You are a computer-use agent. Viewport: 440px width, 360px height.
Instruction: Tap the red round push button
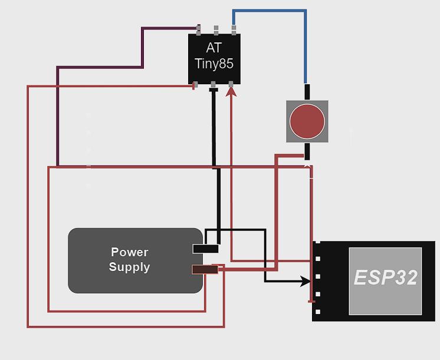pos(307,121)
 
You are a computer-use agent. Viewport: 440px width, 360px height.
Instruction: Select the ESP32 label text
pos(385,278)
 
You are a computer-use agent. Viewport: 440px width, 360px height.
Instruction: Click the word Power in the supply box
pos(129,252)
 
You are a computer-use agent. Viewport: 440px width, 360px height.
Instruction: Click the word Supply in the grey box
pos(129,267)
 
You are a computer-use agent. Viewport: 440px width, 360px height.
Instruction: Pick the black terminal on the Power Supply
pos(205,249)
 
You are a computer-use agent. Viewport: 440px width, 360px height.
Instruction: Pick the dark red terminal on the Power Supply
pos(205,269)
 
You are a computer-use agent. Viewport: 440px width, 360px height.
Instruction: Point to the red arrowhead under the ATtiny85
pos(231,91)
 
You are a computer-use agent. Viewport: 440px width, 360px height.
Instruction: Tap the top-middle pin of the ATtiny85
pos(216,29)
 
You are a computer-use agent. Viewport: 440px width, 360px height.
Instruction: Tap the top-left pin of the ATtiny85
pos(199,29)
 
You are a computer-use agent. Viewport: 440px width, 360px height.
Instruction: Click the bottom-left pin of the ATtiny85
pos(195,85)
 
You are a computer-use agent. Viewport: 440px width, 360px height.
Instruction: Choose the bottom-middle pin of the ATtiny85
pos(213,86)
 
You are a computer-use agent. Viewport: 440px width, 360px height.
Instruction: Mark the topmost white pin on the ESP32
pos(318,259)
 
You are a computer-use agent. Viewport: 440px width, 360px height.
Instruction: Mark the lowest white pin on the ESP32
pos(318,312)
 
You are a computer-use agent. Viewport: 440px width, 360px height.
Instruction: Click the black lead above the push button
pos(307,92)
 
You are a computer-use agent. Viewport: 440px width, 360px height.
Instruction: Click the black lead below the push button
pos(307,151)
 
